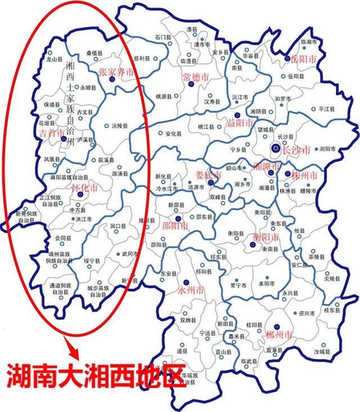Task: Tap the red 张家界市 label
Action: click(115, 72)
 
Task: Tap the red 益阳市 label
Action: click(240, 123)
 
